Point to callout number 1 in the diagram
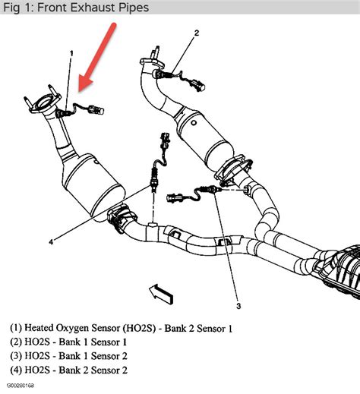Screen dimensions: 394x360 71,54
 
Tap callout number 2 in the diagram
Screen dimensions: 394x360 196,33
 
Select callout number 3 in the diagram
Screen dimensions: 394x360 238,306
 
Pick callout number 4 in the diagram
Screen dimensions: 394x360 51,242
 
